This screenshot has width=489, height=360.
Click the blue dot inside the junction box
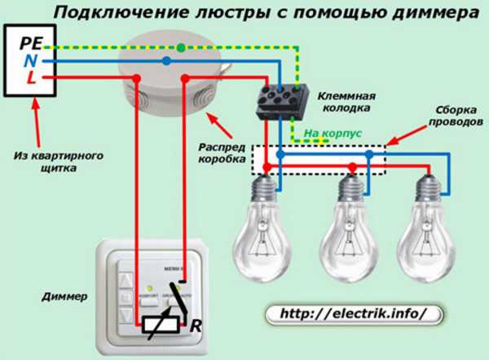point(165,60)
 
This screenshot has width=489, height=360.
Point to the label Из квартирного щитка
point(48,162)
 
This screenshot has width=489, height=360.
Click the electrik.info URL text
point(352,313)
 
